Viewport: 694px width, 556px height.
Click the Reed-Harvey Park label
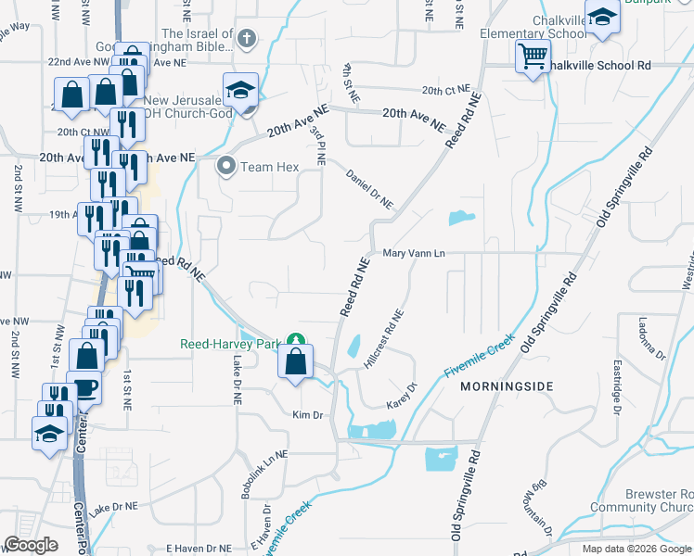tap(228, 344)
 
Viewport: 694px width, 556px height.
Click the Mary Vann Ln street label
tap(414, 253)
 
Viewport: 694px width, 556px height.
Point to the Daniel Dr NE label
tap(369, 188)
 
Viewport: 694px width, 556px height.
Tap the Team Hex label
tap(265, 168)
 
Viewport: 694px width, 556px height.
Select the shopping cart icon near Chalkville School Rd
tap(533, 57)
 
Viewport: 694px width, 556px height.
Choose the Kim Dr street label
tap(307, 414)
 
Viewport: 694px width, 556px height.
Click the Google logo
tap(32, 545)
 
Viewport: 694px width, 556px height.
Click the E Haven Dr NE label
tap(197, 549)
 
